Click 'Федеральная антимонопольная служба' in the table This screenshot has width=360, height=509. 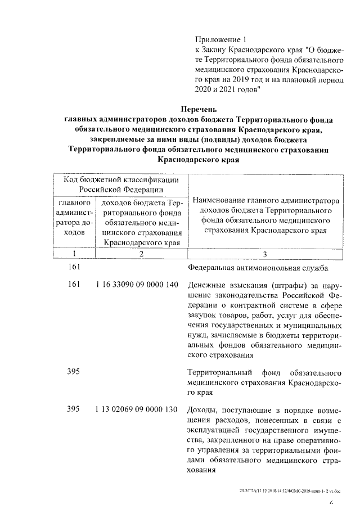coord(258,268)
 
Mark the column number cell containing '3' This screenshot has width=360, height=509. coord(264,254)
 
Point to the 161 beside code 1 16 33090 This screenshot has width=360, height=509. coord(74,285)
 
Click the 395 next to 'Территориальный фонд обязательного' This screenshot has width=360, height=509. coord(74,372)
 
